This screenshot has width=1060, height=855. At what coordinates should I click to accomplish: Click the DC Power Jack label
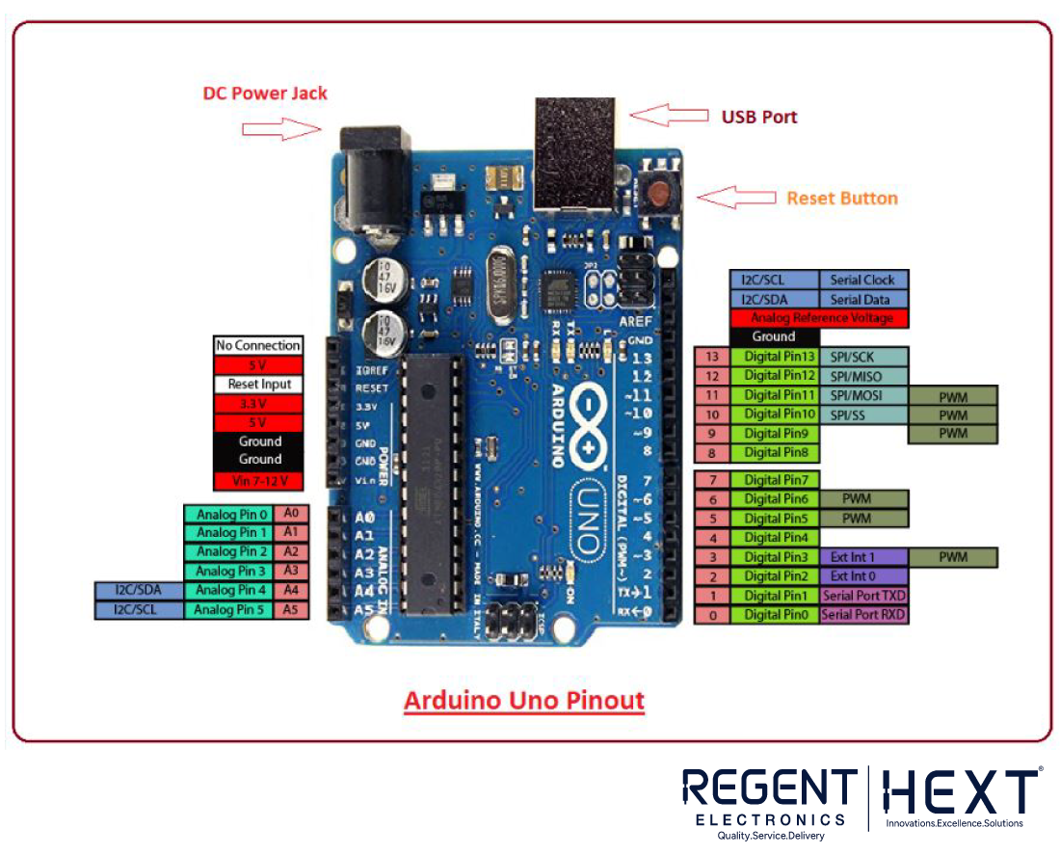tap(265, 94)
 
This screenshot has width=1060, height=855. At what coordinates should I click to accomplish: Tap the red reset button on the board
tap(661, 192)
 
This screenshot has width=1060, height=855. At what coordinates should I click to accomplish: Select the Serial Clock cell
tap(862, 280)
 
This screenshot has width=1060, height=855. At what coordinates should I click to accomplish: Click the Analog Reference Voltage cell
tap(818, 318)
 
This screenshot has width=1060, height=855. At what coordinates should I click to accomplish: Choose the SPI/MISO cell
tap(862, 376)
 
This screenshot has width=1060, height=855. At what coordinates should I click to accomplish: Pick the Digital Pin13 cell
tap(780, 357)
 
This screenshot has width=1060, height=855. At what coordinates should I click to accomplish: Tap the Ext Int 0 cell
tap(853, 576)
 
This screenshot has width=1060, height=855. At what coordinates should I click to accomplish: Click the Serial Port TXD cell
tap(863, 596)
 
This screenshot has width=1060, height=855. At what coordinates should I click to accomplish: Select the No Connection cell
tap(258, 345)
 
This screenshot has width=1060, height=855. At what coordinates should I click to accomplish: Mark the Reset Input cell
tap(258, 384)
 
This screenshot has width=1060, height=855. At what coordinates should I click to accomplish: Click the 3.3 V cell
tap(258, 403)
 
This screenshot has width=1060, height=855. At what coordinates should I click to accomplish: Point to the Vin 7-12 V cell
tap(258, 479)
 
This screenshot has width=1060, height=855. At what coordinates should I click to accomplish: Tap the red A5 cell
tap(291, 609)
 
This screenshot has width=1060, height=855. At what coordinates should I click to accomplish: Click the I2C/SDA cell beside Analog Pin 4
tap(139, 590)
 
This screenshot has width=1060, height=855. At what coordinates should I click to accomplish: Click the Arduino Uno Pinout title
tap(523, 700)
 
